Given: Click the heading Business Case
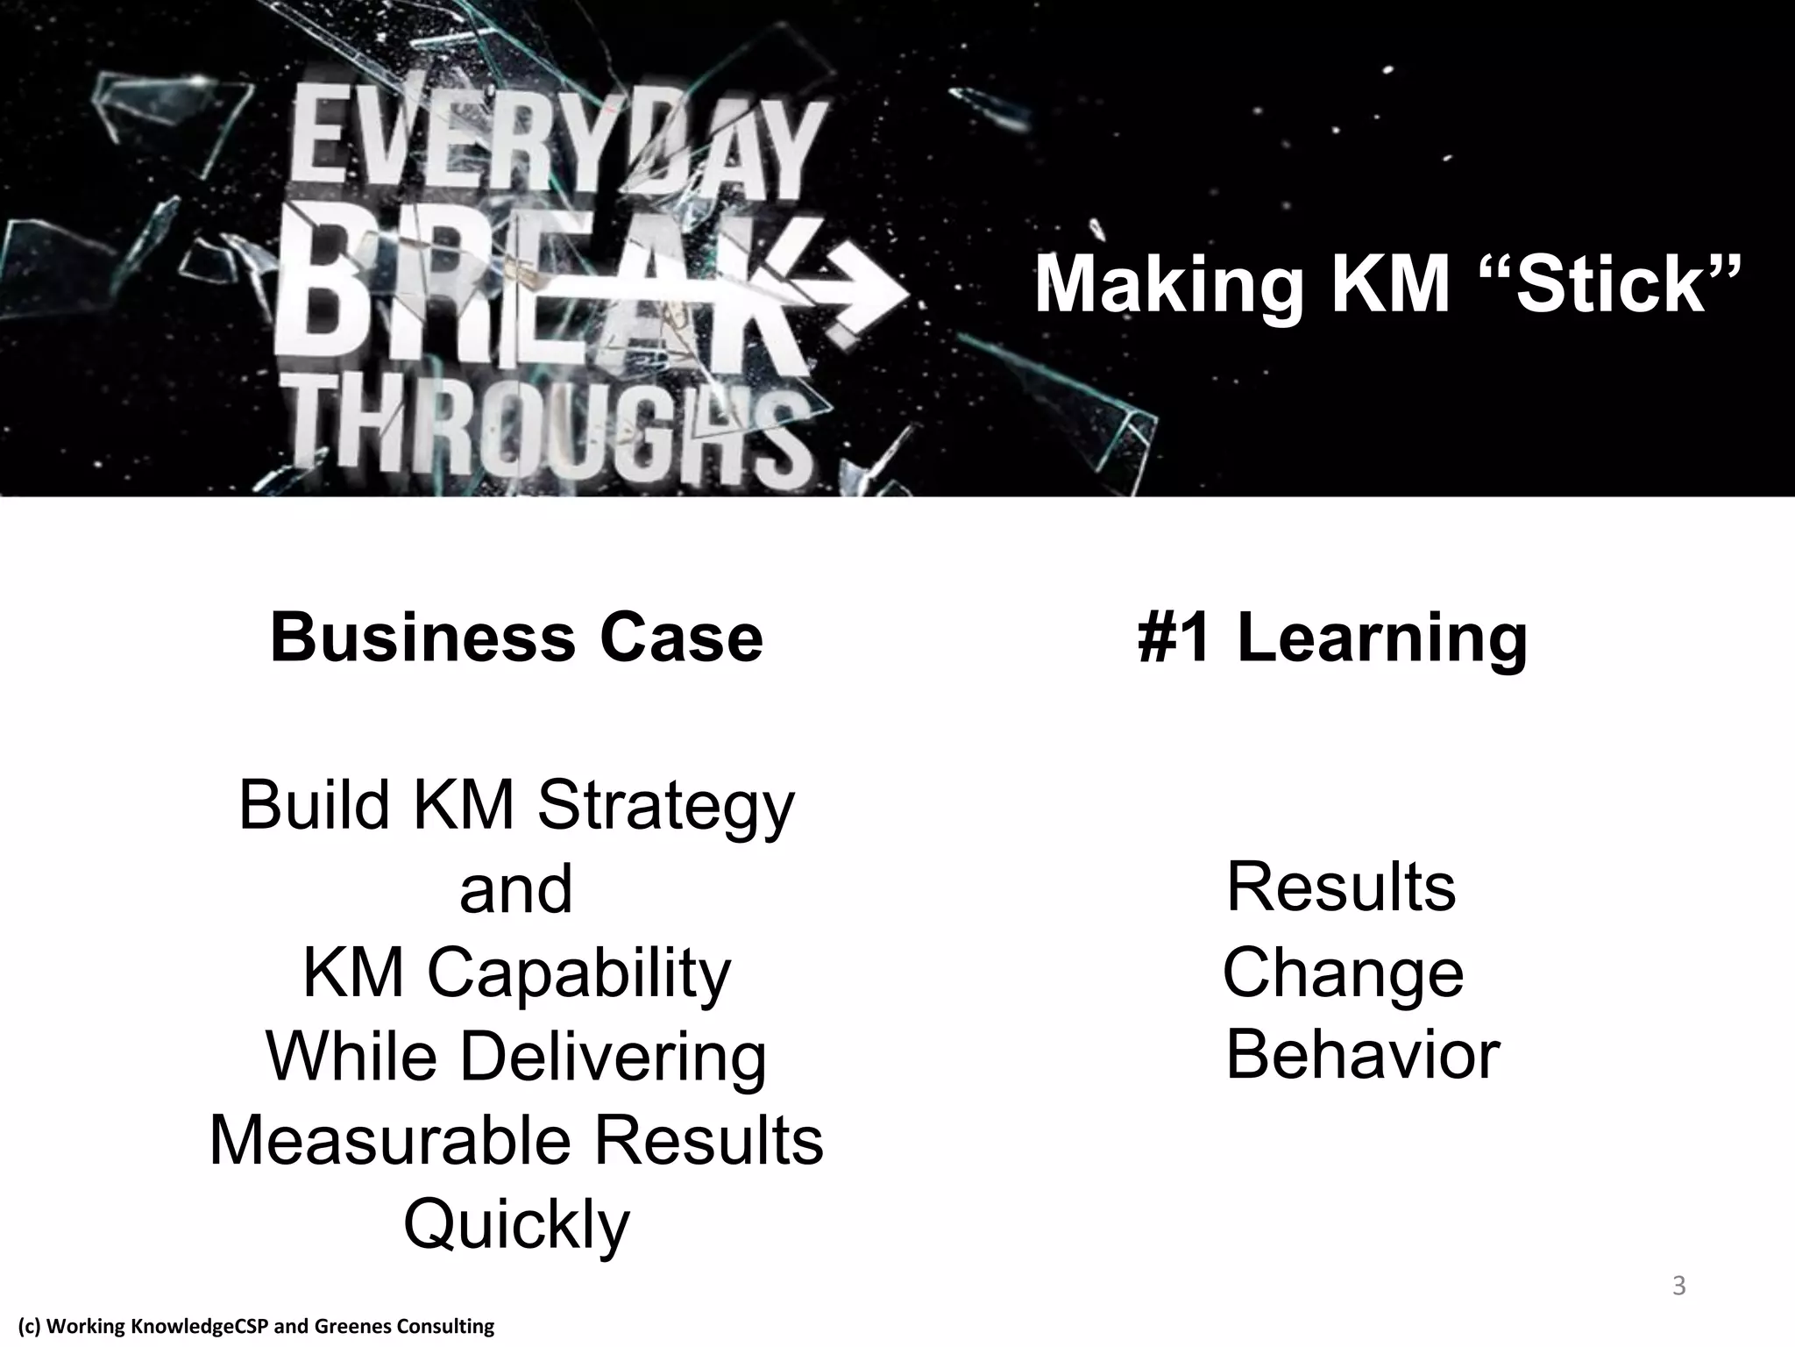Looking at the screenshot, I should [516, 638].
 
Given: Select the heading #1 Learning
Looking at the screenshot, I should [1332, 638].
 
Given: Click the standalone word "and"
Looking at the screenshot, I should [516, 888].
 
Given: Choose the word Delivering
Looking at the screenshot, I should [613, 1057].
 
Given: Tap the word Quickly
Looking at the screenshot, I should [516, 1225].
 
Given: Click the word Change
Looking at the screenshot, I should [1343, 973].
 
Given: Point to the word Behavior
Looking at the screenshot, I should [1362, 1055].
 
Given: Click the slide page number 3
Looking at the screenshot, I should [1678, 1287].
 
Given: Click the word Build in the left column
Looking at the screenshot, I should [314, 805].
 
